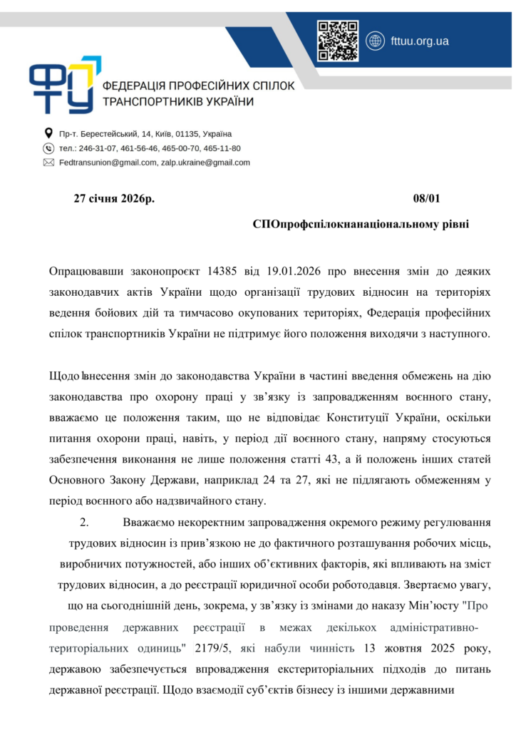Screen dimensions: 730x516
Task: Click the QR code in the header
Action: [338, 41]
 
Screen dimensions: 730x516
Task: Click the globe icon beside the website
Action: [375, 41]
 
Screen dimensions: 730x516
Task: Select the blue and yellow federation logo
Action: [61, 85]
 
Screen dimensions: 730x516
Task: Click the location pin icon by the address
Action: [48, 133]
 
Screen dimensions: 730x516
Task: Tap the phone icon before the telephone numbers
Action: [48, 148]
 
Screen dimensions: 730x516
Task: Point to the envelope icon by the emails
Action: [48, 163]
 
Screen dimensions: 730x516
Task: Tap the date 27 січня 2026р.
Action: [114, 198]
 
